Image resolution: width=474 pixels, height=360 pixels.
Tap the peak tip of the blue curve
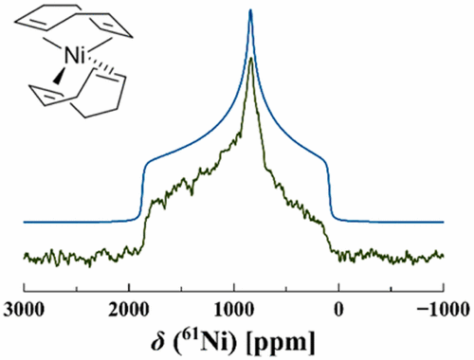pyautogui.click(x=250, y=10)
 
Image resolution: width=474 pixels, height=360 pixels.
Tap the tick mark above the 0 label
pyautogui.click(x=339, y=287)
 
